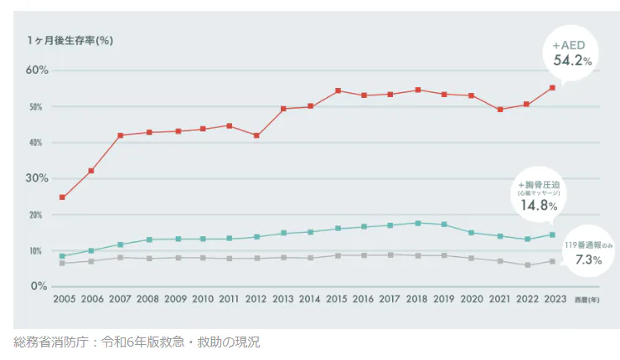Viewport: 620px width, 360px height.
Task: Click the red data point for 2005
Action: pos(63,198)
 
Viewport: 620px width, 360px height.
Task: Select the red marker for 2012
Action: pos(256,136)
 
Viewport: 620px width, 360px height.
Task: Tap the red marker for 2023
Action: pos(552,88)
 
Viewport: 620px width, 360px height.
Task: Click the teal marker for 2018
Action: pos(418,224)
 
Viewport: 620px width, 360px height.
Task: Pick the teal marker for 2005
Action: pos(63,256)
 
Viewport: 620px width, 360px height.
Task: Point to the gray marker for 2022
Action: pos(525,265)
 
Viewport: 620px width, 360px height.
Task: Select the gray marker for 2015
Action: pos(338,255)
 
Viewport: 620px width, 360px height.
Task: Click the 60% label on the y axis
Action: pos(36,70)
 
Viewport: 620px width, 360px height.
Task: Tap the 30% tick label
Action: pos(36,178)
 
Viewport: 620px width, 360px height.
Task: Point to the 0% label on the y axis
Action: pos(39,286)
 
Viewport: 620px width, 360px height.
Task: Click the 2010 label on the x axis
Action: pos(202,298)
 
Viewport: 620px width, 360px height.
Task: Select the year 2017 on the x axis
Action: pos(390,298)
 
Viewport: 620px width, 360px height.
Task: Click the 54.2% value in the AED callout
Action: pos(573,60)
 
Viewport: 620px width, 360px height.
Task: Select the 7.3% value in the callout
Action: pos(589,260)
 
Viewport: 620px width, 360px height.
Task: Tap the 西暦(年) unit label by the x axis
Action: pos(586,299)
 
